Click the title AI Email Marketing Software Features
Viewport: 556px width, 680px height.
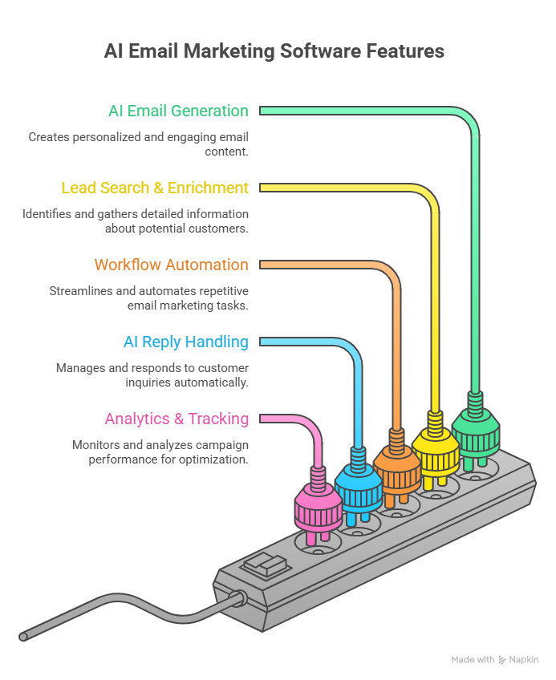(x=274, y=51)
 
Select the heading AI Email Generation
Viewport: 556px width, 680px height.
(x=178, y=111)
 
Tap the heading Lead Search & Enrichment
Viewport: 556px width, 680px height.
(x=155, y=188)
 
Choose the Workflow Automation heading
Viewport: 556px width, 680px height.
(x=171, y=265)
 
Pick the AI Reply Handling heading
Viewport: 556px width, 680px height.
(x=185, y=342)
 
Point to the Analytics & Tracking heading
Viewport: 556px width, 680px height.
(x=177, y=419)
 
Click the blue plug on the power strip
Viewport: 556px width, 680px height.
(x=357, y=490)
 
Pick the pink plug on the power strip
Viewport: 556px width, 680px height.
(x=319, y=511)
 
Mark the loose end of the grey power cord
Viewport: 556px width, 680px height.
(x=23, y=637)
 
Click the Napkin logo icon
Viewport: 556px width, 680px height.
(x=503, y=659)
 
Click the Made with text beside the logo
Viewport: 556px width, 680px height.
(x=473, y=659)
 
